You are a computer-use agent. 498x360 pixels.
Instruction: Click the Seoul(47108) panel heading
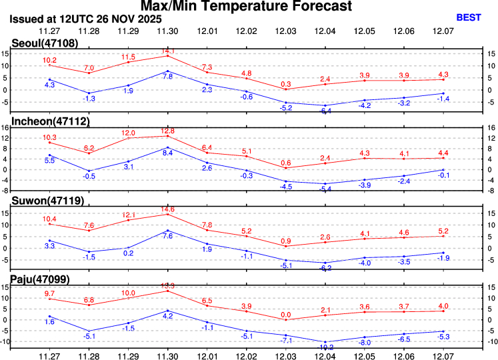41,43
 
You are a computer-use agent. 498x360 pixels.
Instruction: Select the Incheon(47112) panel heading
47,121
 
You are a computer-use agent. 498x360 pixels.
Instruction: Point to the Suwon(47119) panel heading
43,199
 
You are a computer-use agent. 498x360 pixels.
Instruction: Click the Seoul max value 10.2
49,60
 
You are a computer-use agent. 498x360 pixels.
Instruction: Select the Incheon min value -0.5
89,176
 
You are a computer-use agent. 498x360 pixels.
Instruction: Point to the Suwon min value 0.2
128,253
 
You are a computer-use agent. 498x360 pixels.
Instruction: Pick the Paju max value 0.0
286,315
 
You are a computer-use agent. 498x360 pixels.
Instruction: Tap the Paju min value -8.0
365,343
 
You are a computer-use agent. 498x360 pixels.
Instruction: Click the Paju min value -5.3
443,336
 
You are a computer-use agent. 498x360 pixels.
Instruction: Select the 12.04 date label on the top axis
325,31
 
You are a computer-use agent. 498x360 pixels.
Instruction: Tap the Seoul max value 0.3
286,84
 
